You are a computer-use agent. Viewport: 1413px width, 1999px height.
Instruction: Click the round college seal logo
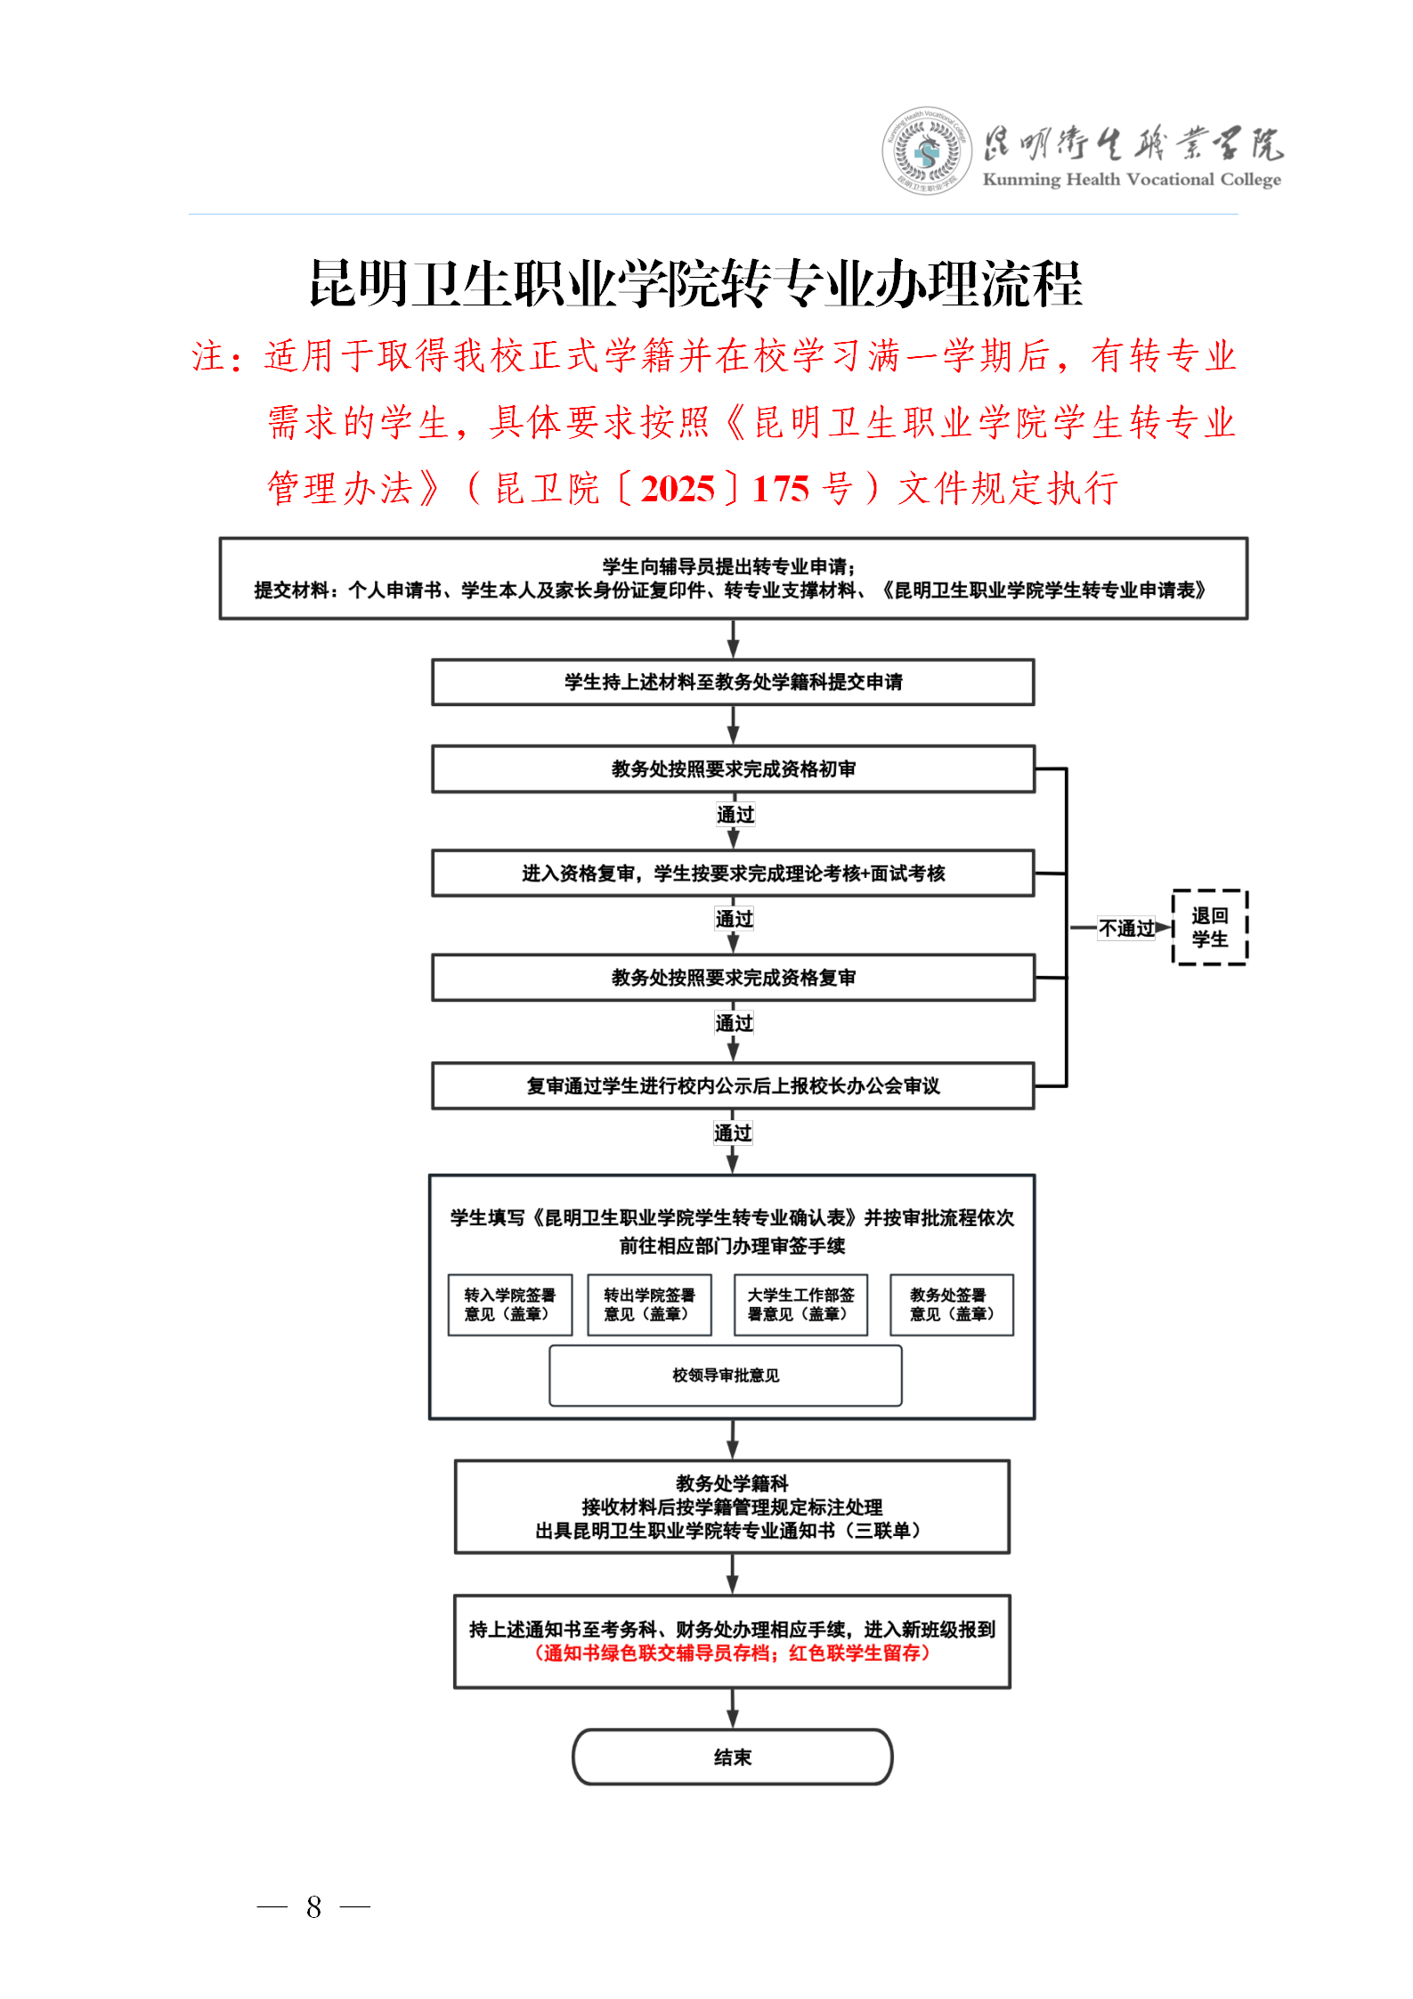coord(927,151)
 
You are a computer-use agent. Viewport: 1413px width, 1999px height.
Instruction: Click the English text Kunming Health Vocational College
coord(1131,180)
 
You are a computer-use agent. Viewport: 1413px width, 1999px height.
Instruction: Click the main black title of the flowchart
coord(695,284)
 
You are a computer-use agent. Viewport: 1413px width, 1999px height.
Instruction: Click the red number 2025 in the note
coord(678,489)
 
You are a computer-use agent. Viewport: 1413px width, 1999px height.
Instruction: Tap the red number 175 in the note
coord(780,489)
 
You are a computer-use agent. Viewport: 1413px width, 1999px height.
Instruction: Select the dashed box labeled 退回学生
coord(1209,927)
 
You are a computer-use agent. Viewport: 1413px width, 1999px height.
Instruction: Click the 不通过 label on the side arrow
coord(1125,928)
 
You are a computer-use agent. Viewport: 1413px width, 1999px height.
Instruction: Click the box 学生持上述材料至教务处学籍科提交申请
coord(733,682)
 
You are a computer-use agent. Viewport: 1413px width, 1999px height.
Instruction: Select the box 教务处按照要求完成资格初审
coord(733,768)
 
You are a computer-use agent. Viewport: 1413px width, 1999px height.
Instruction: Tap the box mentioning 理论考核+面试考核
coord(733,874)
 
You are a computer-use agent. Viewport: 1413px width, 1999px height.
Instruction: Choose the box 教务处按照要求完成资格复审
coord(733,978)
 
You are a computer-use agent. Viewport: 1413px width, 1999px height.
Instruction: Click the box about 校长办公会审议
coord(733,1085)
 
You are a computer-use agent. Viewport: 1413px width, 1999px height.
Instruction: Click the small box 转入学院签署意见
coord(509,1304)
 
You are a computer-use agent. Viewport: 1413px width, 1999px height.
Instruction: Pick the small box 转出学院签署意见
coord(649,1304)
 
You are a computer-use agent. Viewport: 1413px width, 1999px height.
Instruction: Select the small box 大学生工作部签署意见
coord(800,1304)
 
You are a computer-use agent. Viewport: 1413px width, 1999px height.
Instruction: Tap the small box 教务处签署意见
coord(951,1304)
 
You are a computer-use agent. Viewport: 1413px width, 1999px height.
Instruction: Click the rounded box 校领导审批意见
coord(726,1376)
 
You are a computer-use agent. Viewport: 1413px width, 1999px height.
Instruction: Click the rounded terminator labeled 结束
coord(732,1757)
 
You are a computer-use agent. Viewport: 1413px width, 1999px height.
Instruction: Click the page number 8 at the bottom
coord(313,1906)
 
